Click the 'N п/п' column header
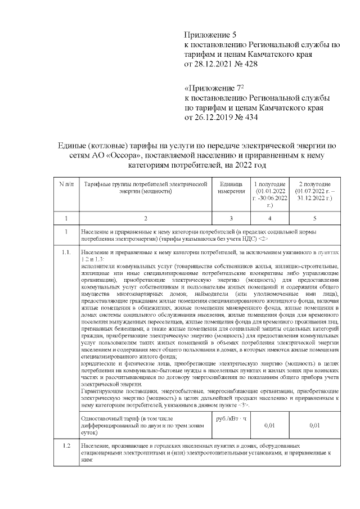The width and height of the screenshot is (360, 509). (x=66, y=185)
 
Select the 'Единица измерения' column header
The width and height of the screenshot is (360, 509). (x=231, y=188)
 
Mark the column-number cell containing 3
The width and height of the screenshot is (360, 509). (x=231, y=218)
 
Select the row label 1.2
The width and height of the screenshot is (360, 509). (x=66, y=446)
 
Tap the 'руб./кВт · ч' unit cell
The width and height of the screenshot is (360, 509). (x=231, y=419)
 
